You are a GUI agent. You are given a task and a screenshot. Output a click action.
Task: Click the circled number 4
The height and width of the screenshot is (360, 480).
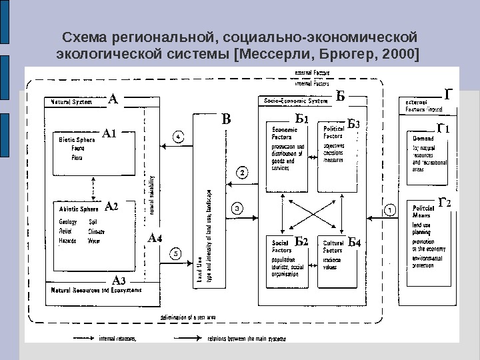[179, 136]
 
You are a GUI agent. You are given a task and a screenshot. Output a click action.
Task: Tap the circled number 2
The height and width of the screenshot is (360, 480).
[243, 173]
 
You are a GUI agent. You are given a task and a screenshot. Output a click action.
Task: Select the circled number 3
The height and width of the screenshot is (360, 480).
[238, 208]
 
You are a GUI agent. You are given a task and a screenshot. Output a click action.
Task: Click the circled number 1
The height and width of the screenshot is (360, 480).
[391, 209]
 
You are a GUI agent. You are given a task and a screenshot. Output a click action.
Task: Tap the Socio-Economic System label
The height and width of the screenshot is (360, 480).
[296, 101]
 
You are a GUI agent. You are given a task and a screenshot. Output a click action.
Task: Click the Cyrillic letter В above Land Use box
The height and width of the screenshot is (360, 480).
[226, 121]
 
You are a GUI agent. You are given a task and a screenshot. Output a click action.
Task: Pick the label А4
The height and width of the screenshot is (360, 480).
[155, 237]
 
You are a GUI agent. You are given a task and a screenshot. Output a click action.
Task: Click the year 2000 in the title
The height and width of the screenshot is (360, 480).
[398, 52]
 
